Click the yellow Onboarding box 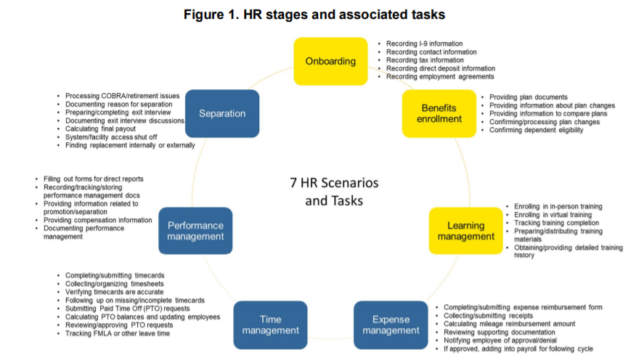(x=330, y=61)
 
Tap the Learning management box (x=465, y=230)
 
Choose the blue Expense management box (x=391, y=324)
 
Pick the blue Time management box (x=270, y=324)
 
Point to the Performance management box (x=195, y=230)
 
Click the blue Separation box (x=223, y=113)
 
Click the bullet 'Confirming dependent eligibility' (x=536, y=130)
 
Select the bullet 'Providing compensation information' (x=98, y=220)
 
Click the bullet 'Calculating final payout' (x=106, y=128)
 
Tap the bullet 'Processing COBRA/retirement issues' (x=122, y=96)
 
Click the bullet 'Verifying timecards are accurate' (x=114, y=292)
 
